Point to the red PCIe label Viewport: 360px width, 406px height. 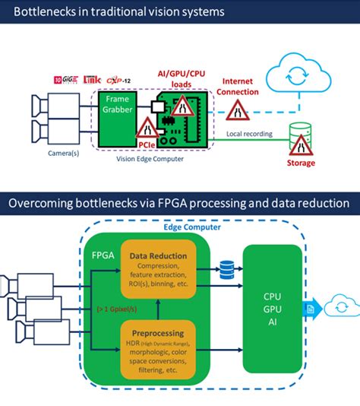pyautogui.click(x=147, y=142)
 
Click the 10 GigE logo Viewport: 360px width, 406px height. pyautogui.click(x=63, y=79)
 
